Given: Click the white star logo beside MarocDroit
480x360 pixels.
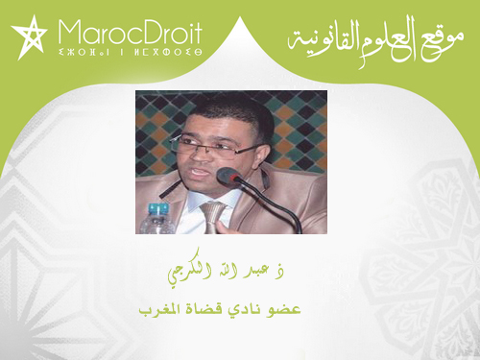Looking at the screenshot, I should [29, 36].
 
